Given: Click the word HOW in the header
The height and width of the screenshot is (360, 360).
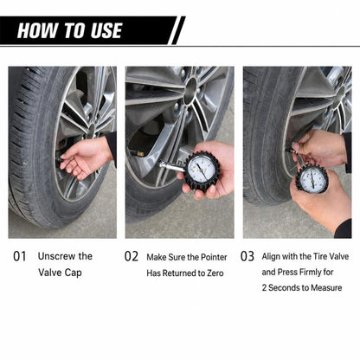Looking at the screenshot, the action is (37, 30).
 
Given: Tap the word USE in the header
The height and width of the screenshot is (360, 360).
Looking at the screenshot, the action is (106, 30).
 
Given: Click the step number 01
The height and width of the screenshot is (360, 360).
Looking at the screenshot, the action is (20, 256).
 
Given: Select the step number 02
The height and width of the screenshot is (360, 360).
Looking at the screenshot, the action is (132, 256).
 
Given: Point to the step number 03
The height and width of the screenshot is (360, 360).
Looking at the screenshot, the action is (247, 256).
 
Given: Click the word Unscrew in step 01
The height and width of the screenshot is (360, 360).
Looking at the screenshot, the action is (56, 256).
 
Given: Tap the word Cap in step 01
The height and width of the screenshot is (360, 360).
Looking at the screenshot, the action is (73, 273).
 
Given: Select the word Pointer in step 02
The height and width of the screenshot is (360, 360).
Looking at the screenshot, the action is (214, 257).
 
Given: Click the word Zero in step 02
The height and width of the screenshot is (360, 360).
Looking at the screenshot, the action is (215, 273).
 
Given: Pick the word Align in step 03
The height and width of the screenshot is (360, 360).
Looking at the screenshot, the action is (271, 257).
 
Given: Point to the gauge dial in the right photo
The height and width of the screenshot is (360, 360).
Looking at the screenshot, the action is (312, 178).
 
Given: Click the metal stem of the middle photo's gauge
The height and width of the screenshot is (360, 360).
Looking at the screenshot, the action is (171, 166).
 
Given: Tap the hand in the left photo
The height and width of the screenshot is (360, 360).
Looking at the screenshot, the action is (84, 156).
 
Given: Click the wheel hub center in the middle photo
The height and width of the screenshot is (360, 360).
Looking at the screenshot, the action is (190, 91).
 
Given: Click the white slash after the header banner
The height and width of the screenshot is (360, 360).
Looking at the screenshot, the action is (179, 30).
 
